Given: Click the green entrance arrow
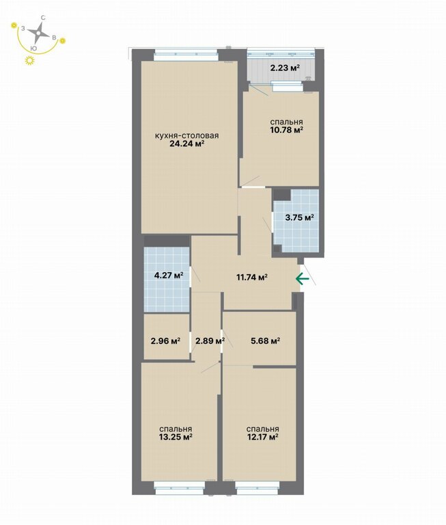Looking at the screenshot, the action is [302, 278].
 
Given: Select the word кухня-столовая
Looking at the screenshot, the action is [186, 135].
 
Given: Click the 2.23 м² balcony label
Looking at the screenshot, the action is [285, 68].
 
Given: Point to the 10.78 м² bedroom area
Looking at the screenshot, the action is [286, 130].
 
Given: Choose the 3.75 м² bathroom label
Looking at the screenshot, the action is [299, 217].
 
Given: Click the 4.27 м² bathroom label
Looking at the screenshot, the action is [169, 275].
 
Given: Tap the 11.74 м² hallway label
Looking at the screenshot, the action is [251, 278].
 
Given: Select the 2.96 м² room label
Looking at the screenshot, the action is [165, 341].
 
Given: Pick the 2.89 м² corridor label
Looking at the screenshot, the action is [210, 341].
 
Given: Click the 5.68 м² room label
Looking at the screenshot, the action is [265, 341].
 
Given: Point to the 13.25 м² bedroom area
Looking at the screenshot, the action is [176, 437].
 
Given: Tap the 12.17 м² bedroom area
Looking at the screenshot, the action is [263, 437].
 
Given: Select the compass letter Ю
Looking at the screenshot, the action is [33, 49].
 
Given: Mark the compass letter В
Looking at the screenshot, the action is [54, 38].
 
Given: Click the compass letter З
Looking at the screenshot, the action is [23, 29].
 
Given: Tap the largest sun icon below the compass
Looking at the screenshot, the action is [30, 60].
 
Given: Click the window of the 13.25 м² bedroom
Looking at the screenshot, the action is [180, 488].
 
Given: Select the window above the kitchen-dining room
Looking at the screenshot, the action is [186, 55].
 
